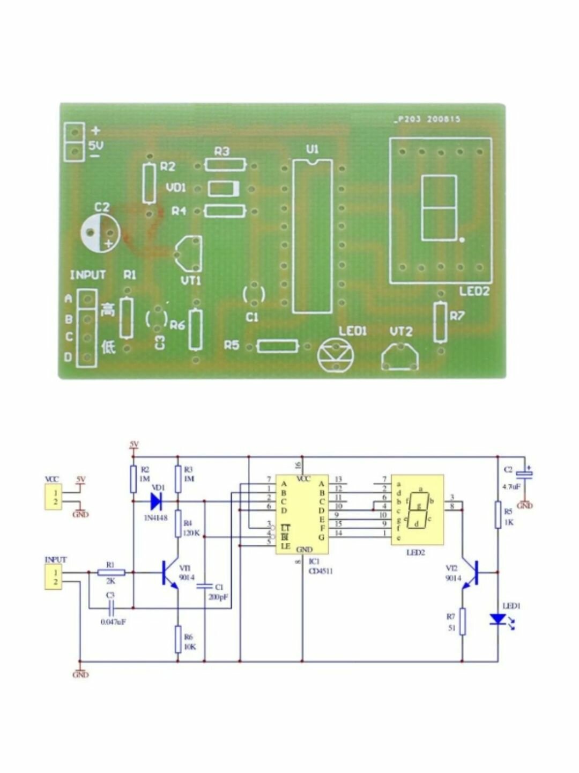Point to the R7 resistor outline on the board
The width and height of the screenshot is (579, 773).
tap(440, 322)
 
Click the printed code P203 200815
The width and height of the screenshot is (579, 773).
tap(428, 120)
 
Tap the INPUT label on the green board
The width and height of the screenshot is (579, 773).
tap(88, 275)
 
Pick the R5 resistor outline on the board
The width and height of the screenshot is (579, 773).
tap(278, 346)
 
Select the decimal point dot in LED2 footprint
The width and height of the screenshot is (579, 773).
tap(462, 240)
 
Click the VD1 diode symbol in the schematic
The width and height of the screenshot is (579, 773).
tap(156, 501)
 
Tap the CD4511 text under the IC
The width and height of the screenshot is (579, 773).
tap(321, 571)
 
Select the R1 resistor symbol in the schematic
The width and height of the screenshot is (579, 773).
tap(112, 573)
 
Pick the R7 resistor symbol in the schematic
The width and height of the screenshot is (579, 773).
tap(462, 622)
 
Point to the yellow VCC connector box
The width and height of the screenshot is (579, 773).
tap(53, 497)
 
